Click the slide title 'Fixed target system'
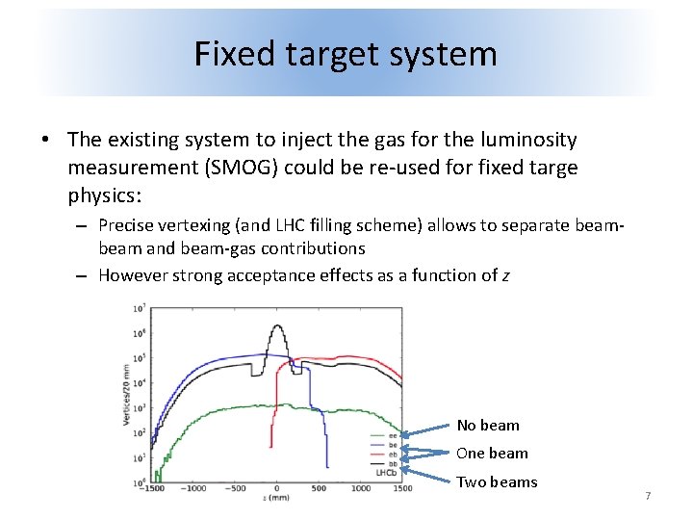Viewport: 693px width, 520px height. click(346, 53)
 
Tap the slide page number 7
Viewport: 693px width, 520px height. click(648, 496)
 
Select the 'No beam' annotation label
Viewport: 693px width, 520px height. click(487, 425)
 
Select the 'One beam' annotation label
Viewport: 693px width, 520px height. click(491, 453)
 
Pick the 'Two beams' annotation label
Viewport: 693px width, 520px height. click(496, 481)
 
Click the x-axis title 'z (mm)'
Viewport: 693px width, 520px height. click(276, 497)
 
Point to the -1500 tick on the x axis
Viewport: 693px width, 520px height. click(152, 488)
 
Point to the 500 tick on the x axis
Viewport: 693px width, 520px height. click(319, 488)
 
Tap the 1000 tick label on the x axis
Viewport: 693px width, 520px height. click(360, 488)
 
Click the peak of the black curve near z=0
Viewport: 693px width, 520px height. click(277, 325)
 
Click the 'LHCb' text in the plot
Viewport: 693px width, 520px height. click(383, 472)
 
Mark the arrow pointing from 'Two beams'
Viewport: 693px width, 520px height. click(428, 472)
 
